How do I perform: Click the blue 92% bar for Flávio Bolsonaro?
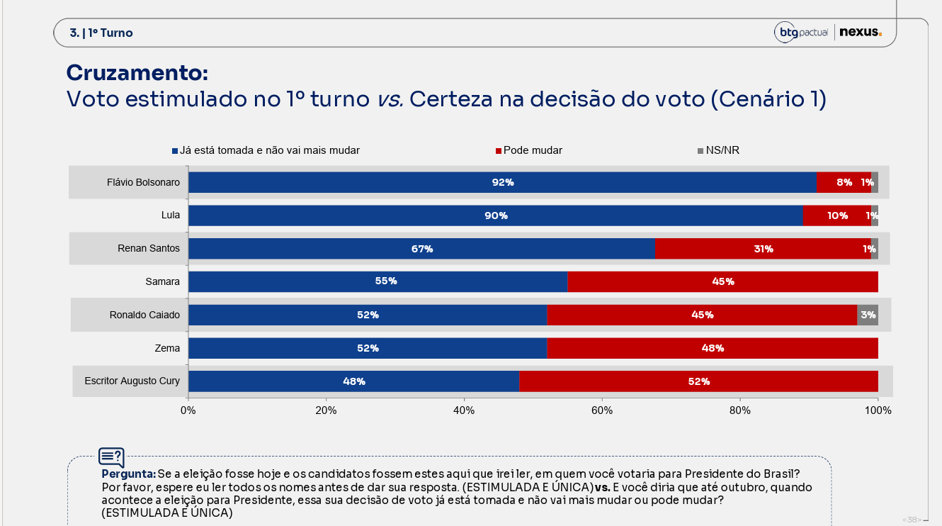point(503,182)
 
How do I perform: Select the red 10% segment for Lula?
point(837,216)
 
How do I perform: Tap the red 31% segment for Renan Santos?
point(763,249)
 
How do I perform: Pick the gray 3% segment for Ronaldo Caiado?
point(868,315)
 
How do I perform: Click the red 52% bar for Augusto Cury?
point(698,381)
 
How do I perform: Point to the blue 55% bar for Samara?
point(378,281)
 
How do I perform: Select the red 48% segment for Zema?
point(713,348)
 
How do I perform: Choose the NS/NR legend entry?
point(718,150)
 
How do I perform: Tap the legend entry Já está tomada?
point(266,150)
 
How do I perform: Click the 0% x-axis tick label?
point(188,410)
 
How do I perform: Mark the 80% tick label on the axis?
point(739,410)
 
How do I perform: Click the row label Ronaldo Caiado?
point(144,315)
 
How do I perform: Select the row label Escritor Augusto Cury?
point(132,381)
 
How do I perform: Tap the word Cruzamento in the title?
point(137,73)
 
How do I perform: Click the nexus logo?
point(861,32)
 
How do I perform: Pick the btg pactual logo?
point(800,33)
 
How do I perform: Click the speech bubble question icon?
point(111,457)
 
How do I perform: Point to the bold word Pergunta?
point(129,474)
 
